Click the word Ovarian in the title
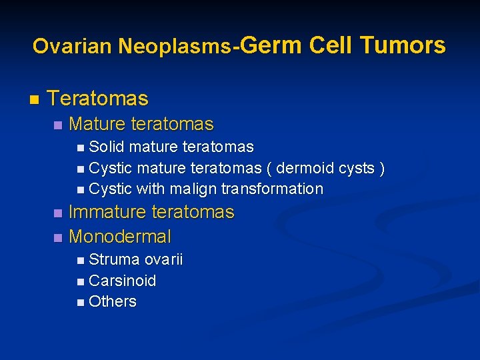(x=73, y=46)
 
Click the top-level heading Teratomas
(x=98, y=99)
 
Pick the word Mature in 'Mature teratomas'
(x=98, y=124)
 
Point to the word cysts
(x=357, y=168)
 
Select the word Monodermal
(x=120, y=237)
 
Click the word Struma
(x=114, y=259)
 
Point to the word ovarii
(x=163, y=259)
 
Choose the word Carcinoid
(x=122, y=281)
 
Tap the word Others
(x=112, y=301)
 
